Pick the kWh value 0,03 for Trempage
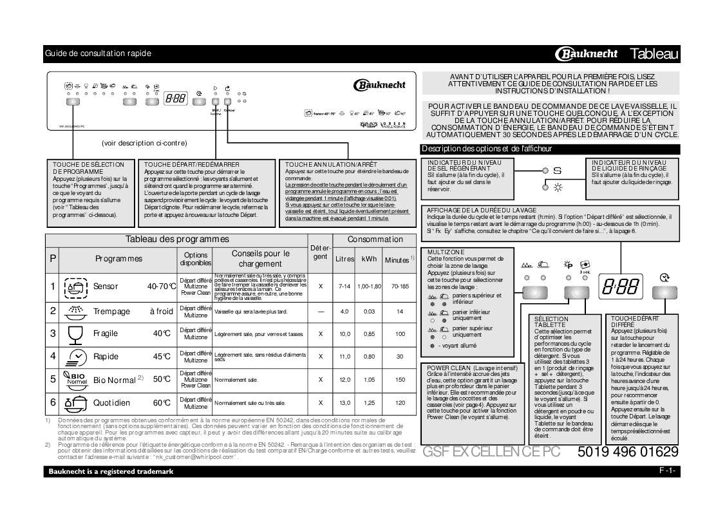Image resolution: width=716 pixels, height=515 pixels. coord(369,311)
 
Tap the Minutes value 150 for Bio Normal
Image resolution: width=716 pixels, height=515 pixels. coord(400,380)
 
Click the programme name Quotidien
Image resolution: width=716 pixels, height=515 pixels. coord(111,403)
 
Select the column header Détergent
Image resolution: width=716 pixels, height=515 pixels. coord(320,252)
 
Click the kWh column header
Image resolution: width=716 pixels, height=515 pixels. coord(369,259)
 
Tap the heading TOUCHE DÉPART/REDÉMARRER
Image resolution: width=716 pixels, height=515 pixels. coord(183,165)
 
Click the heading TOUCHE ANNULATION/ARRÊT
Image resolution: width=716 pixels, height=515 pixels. coord(331,165)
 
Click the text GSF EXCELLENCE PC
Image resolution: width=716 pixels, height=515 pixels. coord(491,452)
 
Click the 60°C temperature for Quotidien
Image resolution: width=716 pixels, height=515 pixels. coord(162,403)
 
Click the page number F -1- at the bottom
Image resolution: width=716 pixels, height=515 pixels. coord(667,471)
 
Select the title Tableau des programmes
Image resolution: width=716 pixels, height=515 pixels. coord(176,239)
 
